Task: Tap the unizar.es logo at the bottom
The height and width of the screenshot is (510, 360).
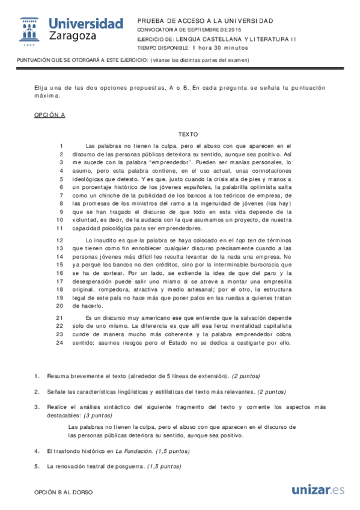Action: click(x=318, y=490)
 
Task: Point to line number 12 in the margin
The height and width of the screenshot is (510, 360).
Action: click(x=60, y=239)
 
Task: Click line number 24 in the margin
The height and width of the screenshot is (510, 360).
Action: click(x=60, y=343)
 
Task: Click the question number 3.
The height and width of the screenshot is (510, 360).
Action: click(x=37, y=407)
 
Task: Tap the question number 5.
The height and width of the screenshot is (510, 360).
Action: click(x=37, y=466)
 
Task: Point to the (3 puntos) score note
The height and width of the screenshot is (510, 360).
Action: click(x=97, y=415)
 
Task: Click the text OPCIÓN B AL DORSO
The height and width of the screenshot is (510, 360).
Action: click(x=64, y=492)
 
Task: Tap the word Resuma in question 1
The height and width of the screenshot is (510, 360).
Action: click(x=59, y=376)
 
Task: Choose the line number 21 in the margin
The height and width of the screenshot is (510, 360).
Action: click(x=60, y=318)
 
